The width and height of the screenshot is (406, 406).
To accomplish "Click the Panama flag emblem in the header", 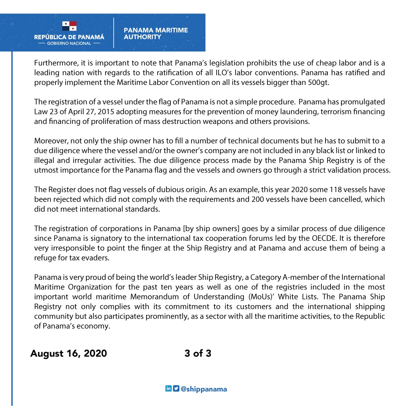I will (x=69, y=26).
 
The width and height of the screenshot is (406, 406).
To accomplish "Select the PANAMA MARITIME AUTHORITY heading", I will (x=156, y=33).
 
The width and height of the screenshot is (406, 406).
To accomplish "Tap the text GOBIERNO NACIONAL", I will (x=69, y=43).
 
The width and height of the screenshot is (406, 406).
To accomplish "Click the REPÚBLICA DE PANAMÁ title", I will (x=69, y=37).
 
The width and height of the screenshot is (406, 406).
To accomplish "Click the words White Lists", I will (x=297, y=297).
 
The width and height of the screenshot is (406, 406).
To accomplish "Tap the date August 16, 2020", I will (x=69, y=353).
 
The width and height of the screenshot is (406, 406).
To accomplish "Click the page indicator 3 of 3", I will (x=198, y=353).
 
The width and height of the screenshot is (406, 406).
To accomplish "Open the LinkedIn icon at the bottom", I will (x=168, y=388).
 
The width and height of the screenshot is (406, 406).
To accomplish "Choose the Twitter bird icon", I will (x=176, y=388).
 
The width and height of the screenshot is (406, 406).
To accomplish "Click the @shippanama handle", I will (x=204, y=389).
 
